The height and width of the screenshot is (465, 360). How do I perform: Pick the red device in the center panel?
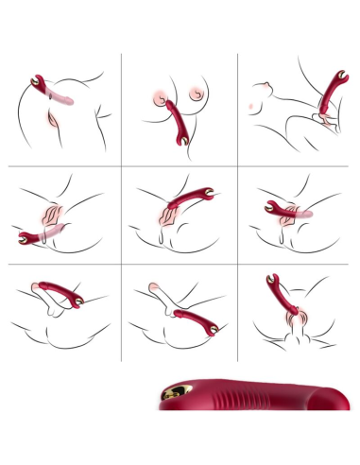(190, 200)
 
